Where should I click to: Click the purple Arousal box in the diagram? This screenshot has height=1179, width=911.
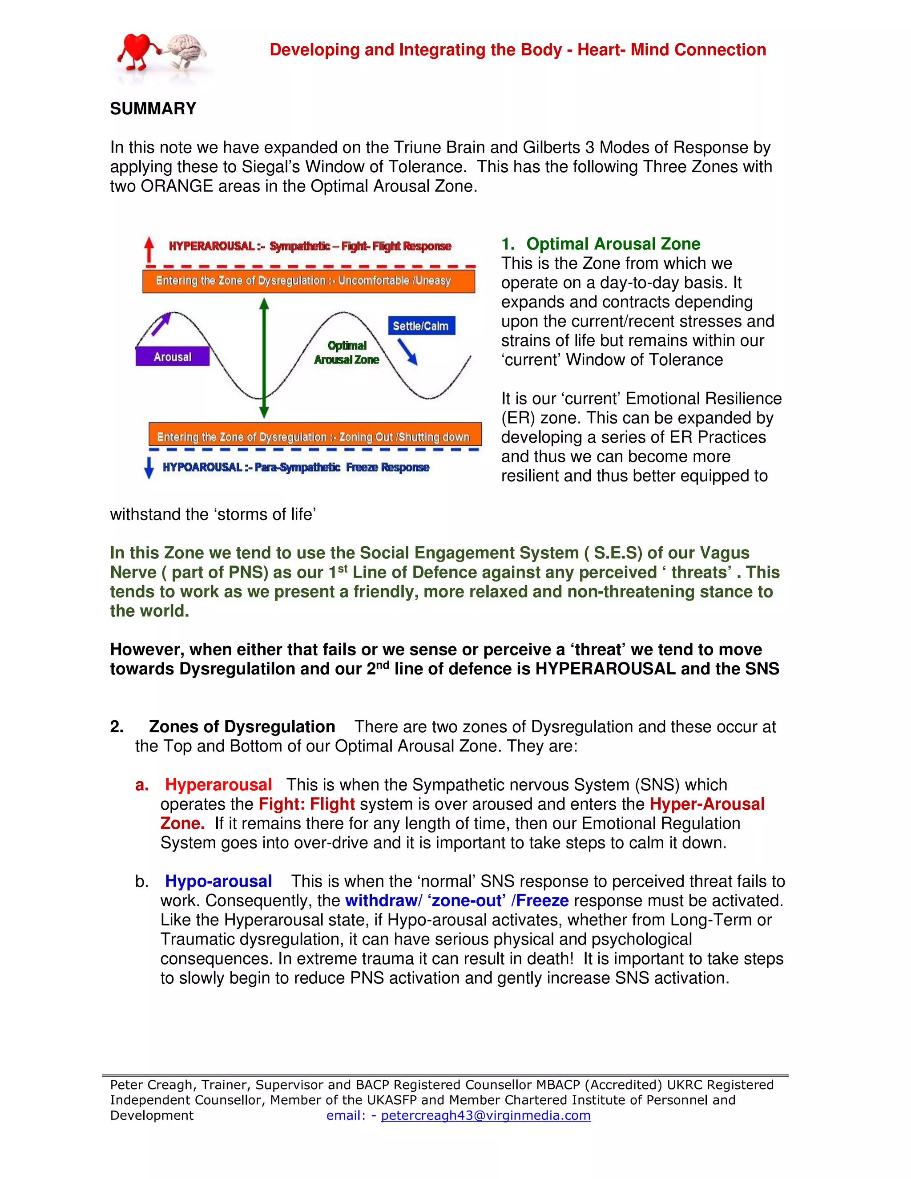click(x=172, y=356)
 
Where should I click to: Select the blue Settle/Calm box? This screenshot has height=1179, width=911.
click(x=420, y=326)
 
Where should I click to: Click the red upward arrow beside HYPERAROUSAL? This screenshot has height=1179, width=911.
click(x=149, y=250)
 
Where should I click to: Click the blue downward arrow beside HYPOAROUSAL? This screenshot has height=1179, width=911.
click(x=149, y=468)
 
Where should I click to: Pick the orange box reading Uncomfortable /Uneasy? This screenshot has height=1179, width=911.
click(x=308, y=281)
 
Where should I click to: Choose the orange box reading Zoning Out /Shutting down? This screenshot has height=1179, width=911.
click(x=314, y=436)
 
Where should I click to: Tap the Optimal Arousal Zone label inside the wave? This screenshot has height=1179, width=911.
click(x=347, y=352)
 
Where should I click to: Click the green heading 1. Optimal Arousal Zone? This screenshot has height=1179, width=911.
click(x=601, y=243)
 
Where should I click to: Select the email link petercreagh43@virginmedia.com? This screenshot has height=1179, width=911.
click(x=486, y=1115)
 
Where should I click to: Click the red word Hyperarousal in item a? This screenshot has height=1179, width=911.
click(x=218, y=784)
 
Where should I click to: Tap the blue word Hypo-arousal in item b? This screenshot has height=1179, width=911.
click(x=218, y=881)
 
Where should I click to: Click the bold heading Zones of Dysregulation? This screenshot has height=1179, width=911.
click(x=242, y=727)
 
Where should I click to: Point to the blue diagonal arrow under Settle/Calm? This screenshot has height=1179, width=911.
click(x=407, y=351)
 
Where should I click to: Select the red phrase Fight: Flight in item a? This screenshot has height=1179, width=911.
click(x=306, y=804)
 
